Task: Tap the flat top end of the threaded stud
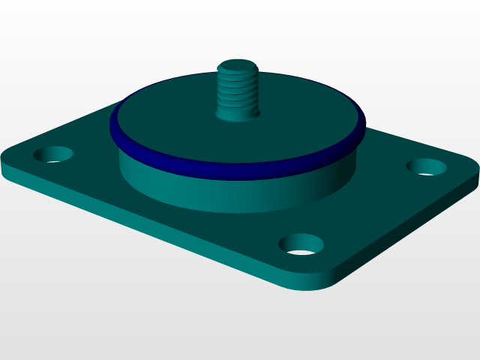pos(238,67)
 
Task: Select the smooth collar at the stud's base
pos(237,112)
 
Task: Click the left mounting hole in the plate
pos(53,155)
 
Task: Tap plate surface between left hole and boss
pos(90,150)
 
